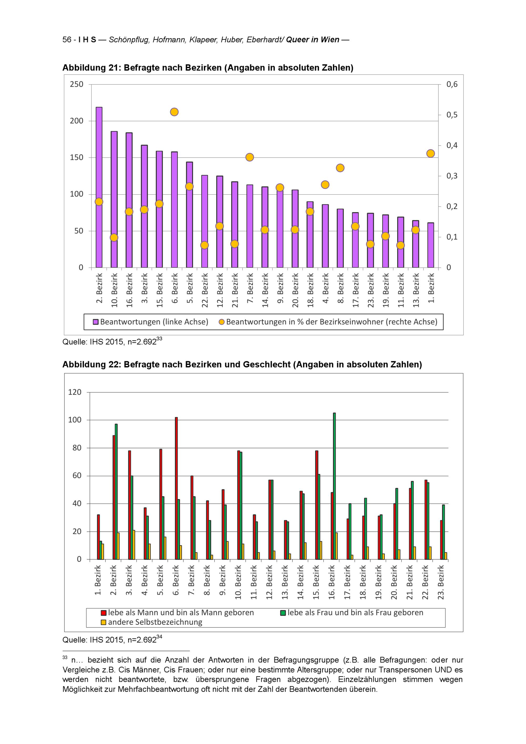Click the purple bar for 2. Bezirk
99,187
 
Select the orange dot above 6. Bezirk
174,112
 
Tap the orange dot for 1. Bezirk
431,153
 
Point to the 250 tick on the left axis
77,84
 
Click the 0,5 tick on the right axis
452,115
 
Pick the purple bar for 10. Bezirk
114,199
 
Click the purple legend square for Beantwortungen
95,322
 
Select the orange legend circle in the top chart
221,322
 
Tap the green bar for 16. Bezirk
334,486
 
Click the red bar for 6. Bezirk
176,488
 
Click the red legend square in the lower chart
104,613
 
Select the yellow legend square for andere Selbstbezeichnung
104,622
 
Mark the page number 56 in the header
67,40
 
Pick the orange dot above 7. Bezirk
249,157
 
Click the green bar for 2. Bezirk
116,492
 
